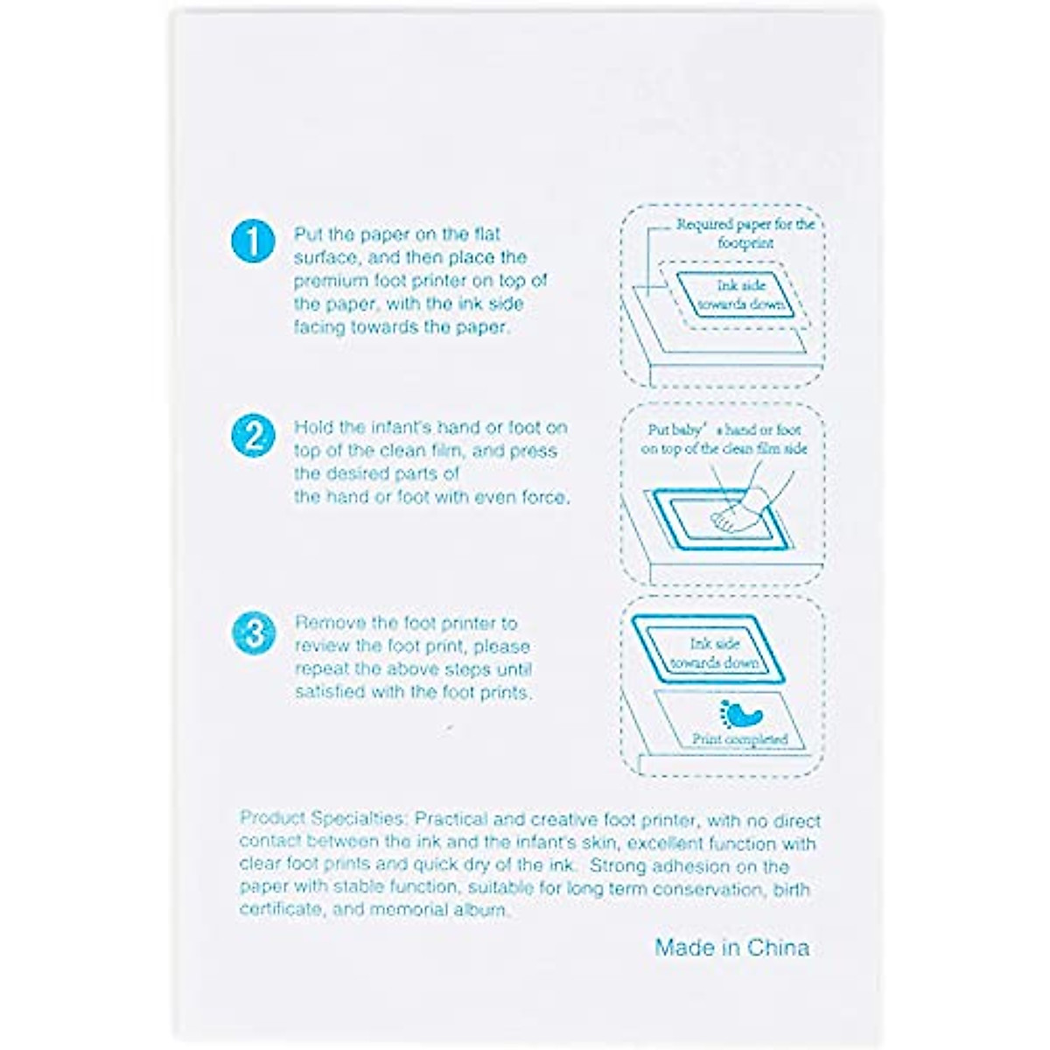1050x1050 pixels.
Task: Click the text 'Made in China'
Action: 731,948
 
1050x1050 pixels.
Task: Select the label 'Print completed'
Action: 740,740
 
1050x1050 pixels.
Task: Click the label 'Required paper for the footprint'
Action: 745,233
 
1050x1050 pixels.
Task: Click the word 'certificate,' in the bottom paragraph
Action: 280,910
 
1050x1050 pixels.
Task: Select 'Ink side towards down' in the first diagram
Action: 742,296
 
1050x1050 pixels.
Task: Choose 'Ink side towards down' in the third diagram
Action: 716,654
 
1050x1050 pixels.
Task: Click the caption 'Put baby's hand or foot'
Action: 724,430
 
